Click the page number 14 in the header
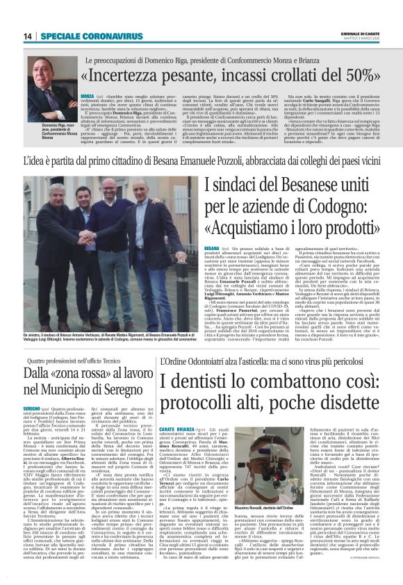point(27,36)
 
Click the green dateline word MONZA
point(87,94)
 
